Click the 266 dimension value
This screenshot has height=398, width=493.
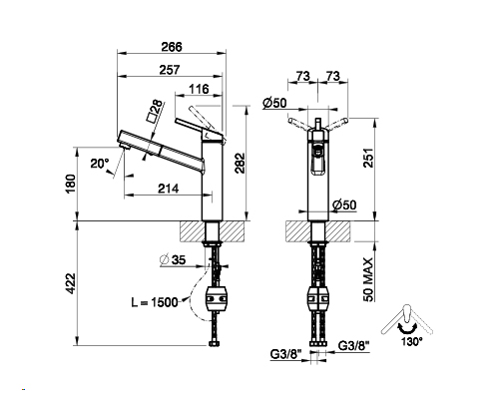coord(172,47)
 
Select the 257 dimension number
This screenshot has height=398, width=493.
coord(170,70)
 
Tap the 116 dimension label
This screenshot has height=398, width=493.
coord(199,89)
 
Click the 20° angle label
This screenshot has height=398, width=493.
coord(100,164)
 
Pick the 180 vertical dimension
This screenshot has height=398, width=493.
coord(71,184)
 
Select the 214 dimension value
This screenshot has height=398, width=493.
coord(168,189)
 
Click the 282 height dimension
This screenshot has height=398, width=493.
coord(240,163)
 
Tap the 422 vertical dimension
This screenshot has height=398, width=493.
coord(71,283)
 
